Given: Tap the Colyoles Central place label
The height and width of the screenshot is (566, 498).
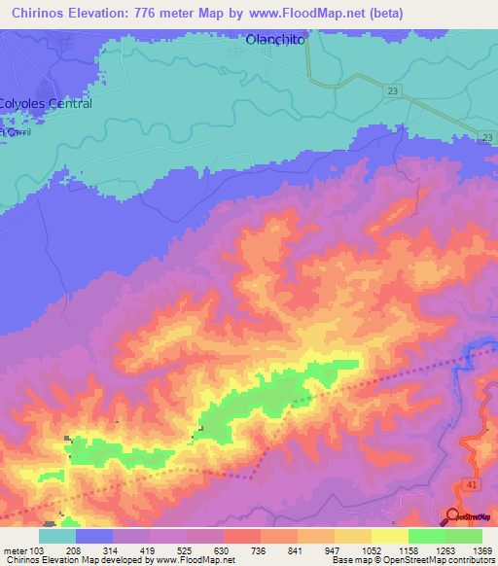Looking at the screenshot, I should (x=46, y=103).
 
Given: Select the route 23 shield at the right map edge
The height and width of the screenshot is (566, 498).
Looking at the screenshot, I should (x=486, y=138).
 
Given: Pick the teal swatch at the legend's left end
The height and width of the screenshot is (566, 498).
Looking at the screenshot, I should (x=57, y=536).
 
